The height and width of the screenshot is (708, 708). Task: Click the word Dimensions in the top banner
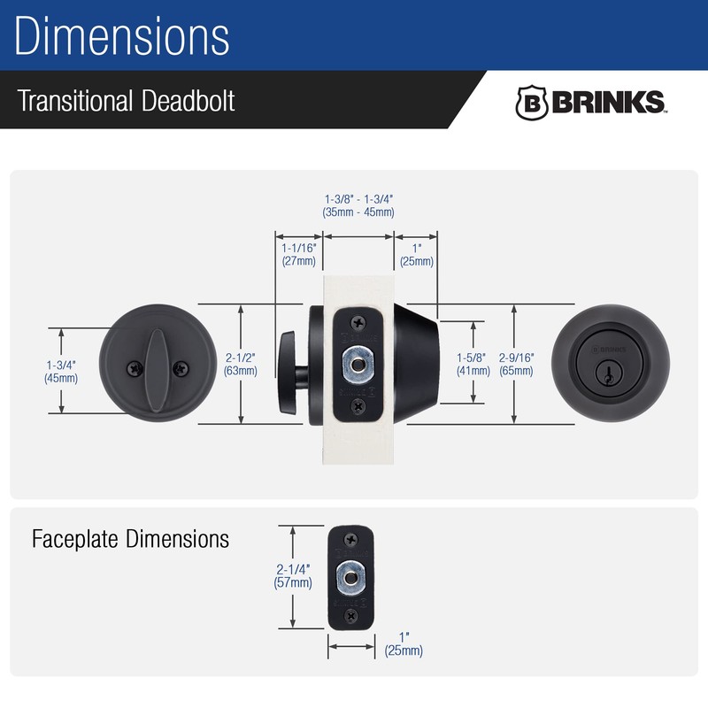click(x=122, y=36)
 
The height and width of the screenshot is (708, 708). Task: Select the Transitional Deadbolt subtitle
click(x=127, y=100)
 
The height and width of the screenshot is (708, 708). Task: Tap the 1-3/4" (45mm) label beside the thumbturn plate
click(x=61, y=371)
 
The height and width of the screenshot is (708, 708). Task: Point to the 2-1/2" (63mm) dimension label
click(x=241, y=365)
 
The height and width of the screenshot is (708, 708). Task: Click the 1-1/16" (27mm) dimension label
click(x=299, y=254)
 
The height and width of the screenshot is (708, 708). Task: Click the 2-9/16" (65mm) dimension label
click(x=516, y=365)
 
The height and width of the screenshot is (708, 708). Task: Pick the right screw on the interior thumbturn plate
click(x=181, y=366)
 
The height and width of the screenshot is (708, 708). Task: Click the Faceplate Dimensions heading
click(x=130, y=538)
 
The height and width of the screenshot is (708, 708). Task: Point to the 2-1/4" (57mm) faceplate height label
click(x=294, y=575)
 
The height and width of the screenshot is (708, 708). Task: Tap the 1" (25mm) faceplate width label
click(x=404, y=643)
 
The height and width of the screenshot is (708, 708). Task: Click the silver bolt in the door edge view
click(x=358, y=364)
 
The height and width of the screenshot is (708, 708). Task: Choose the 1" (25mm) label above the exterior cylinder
click(x=416, y=254)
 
